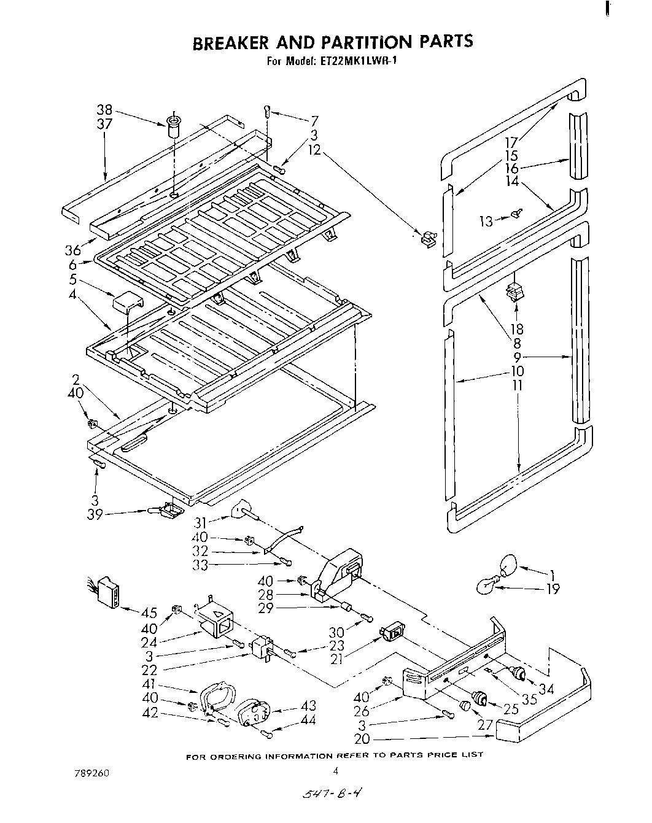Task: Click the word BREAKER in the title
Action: (x=230, y=42)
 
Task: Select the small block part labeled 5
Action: (x=126, y=303)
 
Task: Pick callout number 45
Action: (x=149, y=612)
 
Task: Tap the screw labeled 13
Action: (x=516, y=214)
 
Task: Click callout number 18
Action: (x=517, y=330)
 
